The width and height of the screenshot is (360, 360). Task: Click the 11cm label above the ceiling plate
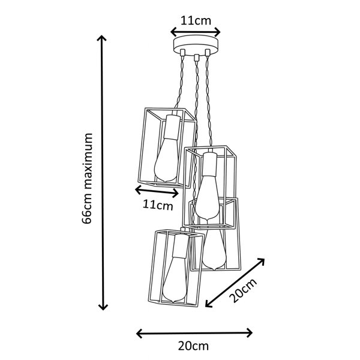coord(196,21)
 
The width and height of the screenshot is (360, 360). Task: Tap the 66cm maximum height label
coord(87,178)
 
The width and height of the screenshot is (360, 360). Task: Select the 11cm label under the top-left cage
coord(158,205)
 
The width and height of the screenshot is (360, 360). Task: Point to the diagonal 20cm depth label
coord(244,290)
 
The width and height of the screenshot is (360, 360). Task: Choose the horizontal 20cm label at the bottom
coord(193,346)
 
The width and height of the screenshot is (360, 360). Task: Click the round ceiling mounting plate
coord(196,46)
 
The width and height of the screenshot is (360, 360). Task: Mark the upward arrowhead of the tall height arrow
coord(102,38)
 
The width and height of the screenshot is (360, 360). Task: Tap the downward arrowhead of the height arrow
coord(103,307)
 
